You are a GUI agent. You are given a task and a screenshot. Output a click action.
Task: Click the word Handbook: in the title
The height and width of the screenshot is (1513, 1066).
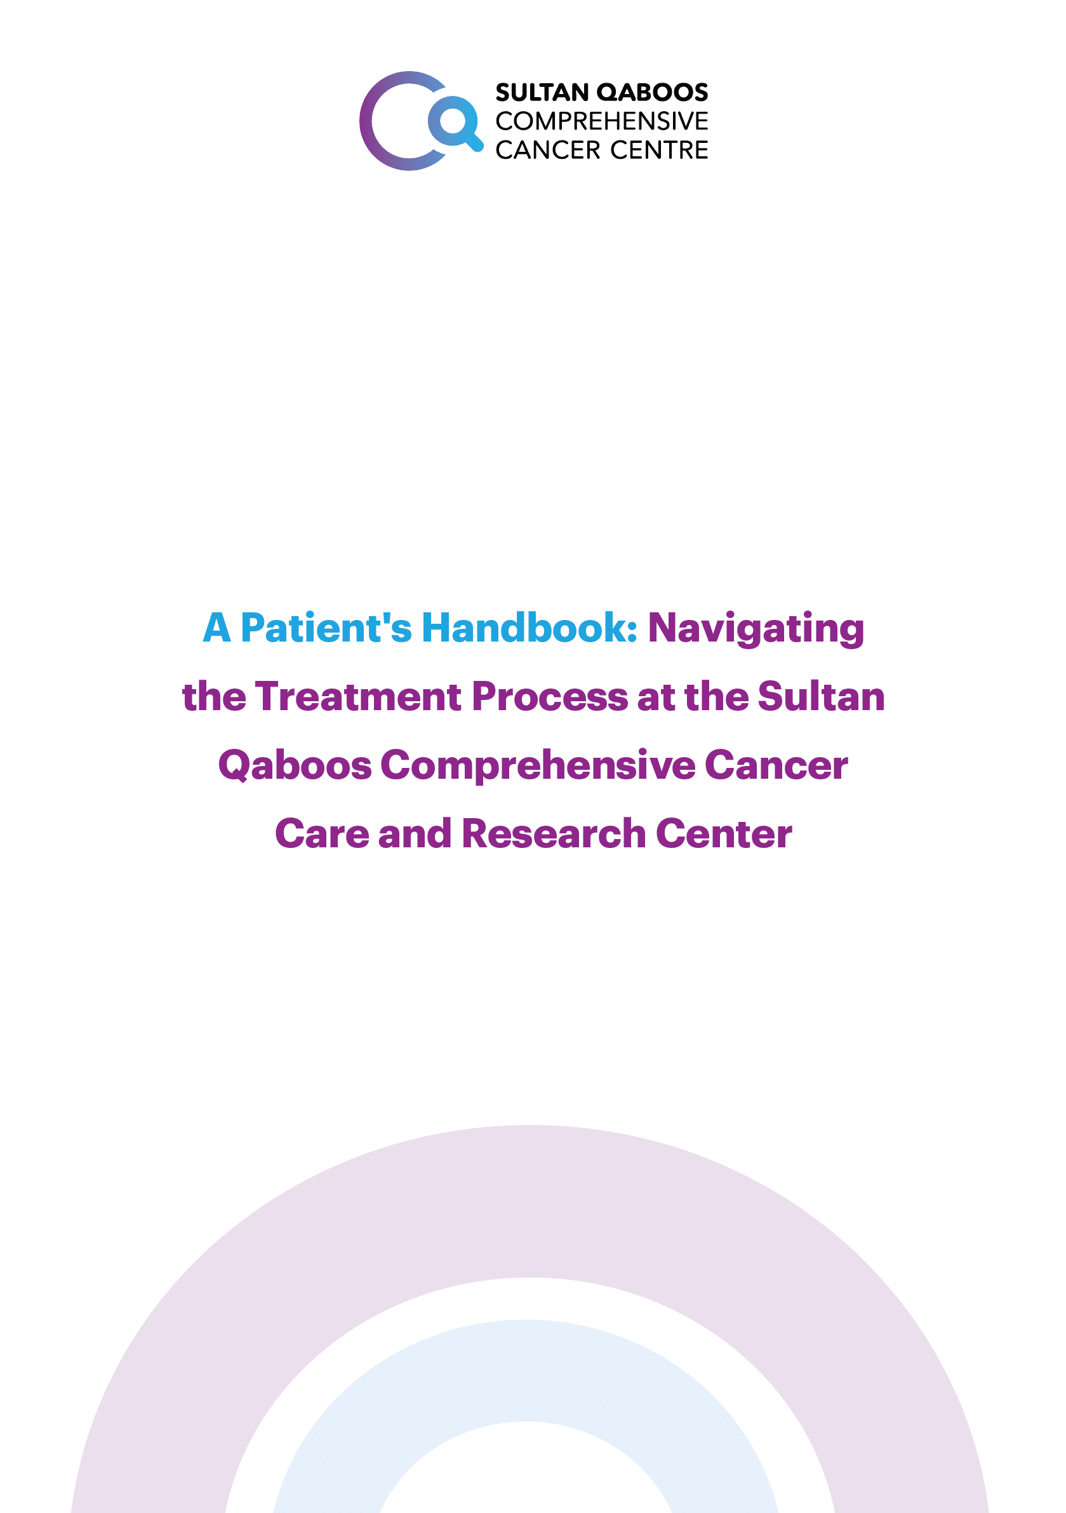(530, 628)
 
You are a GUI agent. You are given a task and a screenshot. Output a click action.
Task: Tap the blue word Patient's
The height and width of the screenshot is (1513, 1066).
(326, 628)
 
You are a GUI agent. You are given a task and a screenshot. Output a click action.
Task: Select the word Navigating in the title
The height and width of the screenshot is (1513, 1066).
(756, 629)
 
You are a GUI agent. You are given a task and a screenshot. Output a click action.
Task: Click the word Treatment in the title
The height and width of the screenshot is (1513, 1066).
(359, 697)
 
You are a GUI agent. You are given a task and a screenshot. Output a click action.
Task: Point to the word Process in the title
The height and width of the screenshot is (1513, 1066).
(550, 697)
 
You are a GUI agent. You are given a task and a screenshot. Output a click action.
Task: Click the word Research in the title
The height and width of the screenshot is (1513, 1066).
(554, 833)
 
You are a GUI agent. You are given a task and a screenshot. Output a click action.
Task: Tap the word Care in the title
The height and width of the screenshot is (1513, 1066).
(322, 833)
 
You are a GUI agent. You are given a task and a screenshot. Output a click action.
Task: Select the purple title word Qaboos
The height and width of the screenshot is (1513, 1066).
(295, 766)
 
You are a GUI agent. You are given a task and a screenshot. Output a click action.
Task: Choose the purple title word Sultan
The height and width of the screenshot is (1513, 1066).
(821, 697)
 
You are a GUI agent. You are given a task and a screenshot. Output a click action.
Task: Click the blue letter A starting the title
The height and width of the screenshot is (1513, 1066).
(217, 628)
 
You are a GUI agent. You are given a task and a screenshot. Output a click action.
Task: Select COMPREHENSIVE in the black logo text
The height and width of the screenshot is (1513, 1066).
(601, 122)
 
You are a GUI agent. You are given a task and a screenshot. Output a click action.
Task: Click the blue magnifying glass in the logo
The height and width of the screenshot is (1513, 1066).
(455, 123)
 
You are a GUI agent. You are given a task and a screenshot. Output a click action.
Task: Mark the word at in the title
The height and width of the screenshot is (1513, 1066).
(656, 698)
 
